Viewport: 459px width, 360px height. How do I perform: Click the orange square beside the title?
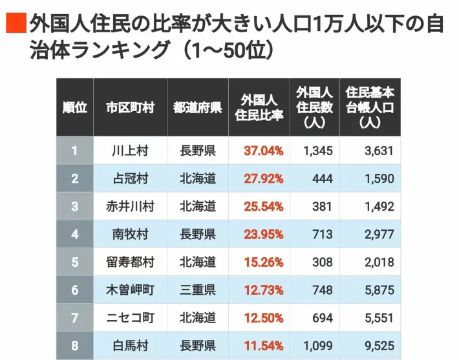coord(16,23)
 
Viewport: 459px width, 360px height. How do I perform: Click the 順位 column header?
coord(74,107)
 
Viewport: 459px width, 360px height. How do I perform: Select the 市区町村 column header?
coord(130,107)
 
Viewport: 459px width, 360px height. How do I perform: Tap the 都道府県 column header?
coord(198,107)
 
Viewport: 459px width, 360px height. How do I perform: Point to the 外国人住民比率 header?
coord(259,107)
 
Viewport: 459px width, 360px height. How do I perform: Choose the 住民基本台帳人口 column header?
coord(370,107)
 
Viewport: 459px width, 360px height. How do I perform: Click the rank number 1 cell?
coord(74,151)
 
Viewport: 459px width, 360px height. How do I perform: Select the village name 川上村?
coord(130,151)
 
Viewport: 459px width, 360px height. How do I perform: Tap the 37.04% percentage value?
coord(264,151)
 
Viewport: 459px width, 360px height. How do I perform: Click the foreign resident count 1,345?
coord(318,151)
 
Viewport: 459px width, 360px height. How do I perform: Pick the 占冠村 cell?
coord(130,178)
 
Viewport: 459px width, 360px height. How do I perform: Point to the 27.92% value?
coord(264,178)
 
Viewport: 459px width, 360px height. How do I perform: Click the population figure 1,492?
coord(379,207)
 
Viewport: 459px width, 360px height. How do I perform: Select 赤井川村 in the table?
coord(130,207)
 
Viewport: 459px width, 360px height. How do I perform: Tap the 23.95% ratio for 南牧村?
coord(264,235)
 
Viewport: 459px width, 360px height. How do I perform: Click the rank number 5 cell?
coord(74,262)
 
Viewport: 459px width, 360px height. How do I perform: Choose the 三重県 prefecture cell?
coord(198,290)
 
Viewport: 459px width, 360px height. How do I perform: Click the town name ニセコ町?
coord(130,318)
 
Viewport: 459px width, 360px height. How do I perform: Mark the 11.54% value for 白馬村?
coord(264,346)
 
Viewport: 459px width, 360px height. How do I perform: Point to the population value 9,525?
coord(379,346)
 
